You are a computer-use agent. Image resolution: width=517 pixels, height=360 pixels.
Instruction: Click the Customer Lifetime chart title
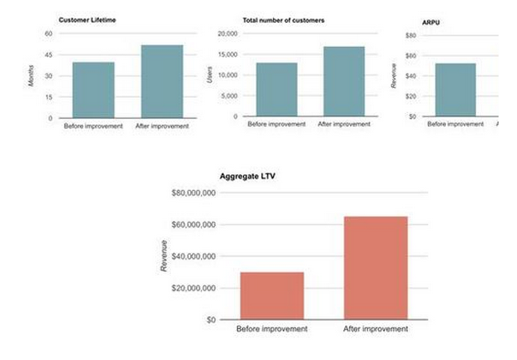pos(85,19)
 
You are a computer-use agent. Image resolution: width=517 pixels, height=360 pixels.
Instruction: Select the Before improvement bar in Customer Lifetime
pos(93,90)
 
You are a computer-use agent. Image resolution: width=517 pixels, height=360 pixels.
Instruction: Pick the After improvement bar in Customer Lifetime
pos(162,81)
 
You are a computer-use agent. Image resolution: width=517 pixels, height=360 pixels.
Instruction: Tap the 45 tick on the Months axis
pos(48,54)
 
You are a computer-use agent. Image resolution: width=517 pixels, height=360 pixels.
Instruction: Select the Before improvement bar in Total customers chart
pos(277,90)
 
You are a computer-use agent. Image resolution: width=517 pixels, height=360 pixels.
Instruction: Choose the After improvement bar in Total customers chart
pos(344,81)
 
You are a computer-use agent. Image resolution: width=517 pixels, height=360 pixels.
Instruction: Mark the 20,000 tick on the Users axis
pos(228,33)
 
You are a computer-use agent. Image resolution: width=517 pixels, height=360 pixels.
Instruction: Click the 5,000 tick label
pos(230,96)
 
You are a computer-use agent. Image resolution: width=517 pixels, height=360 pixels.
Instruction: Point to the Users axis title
pos(209,75)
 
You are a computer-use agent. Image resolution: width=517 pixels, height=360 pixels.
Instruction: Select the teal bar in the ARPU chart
pos(455,90)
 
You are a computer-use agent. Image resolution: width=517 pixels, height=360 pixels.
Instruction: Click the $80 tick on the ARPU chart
pos(411,36)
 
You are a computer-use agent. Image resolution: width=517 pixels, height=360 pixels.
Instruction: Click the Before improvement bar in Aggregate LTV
pos(271,296)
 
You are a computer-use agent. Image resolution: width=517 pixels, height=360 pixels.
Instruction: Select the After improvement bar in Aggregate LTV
pos(375,268)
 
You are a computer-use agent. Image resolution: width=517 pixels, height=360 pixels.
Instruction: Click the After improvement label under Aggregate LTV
pos(376,329)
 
